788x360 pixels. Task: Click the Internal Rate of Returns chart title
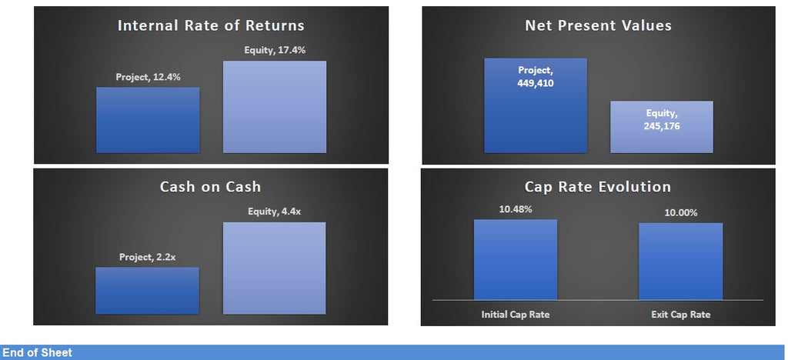(x=211, y=25)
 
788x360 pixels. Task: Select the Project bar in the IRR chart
(x=148, y=120)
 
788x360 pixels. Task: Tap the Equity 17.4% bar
(x=275, y=107)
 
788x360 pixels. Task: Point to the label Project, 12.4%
(x=148, y=78)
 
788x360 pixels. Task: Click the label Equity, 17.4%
(x=275, y=50)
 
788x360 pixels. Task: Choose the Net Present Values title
(x=598, y=25)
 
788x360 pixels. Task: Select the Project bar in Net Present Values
(x=536, y=105)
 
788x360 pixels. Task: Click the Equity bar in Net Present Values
(x=662, y=127)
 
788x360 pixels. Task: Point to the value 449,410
(x=536, y=83)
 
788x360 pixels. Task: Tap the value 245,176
(x=662, y=126)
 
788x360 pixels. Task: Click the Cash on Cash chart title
(x=211, y=187)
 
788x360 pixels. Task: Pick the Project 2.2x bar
(x=147, y=291)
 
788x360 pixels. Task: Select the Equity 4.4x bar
(x=275, y=268)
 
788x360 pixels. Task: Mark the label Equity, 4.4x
(x=275, y=212)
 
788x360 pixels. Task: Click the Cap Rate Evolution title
(x=598, y=187)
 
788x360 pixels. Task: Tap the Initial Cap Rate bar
(x=516, y=259)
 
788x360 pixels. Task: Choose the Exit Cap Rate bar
(x=681, y=262)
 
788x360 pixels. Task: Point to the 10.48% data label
(x=516, y=209)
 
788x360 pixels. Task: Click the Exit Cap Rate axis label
(x=681, y=315)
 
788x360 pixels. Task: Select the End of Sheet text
(x=37, y=352)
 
